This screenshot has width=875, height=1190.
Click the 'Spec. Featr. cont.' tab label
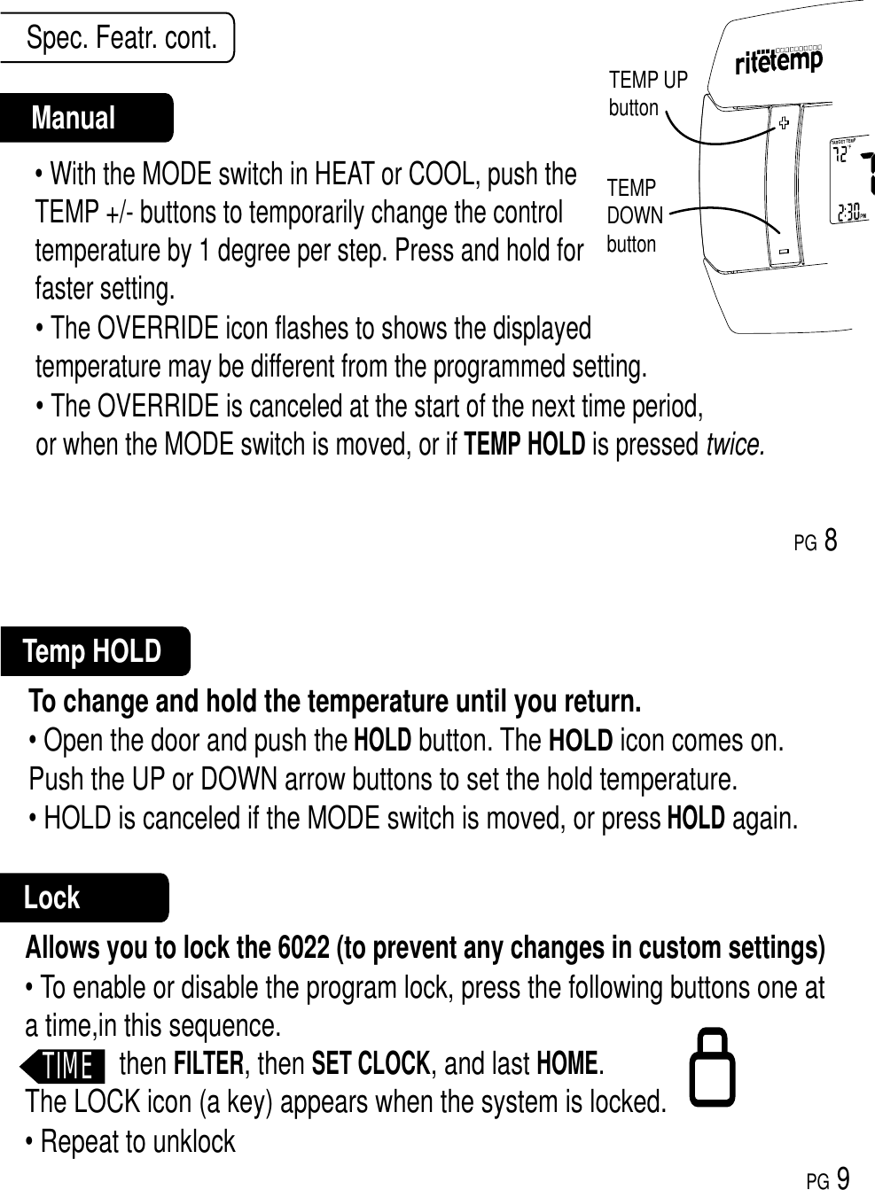pos(121,38)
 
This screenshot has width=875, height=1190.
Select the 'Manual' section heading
pos(74,118)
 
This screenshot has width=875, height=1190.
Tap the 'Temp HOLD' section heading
pos(92,651)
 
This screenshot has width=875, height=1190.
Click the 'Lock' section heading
pos(51,898)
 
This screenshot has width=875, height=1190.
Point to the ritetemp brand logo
pos(779,61)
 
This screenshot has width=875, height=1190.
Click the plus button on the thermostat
pos(784,123)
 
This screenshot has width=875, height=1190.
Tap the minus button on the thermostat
pos(784,252)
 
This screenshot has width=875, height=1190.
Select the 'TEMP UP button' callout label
pos(647,94)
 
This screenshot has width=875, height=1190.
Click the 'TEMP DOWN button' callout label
pos(634,215)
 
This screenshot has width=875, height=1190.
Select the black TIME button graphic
pos(66,1064)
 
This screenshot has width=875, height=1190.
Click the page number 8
pos(831,539)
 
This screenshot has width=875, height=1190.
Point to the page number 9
pos(843,1178)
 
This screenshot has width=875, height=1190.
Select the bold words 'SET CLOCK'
pos(371,1062)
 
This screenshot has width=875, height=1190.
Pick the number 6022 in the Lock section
pos(304,947)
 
